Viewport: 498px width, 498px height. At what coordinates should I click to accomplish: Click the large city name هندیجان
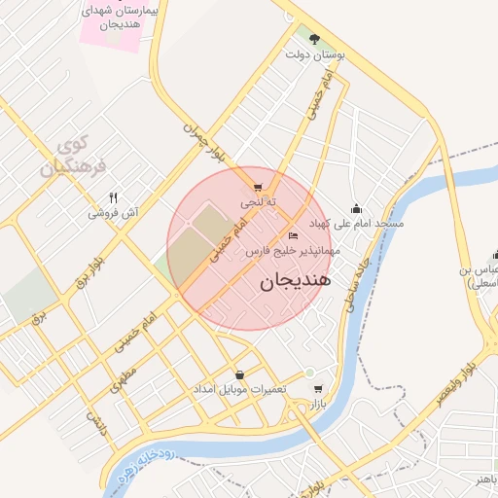pos(296,281)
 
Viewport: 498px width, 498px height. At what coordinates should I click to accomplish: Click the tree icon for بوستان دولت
pos(315,39)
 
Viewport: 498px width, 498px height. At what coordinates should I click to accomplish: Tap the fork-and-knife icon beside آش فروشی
pos(114,198)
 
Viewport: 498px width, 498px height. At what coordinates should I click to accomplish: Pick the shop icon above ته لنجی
pos(257,189)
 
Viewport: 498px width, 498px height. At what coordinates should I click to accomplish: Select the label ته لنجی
pos(259,202)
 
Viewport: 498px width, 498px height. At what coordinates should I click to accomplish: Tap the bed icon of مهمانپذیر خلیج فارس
pos(294,236)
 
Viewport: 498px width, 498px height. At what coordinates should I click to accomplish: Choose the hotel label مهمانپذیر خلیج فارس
pos(291,251)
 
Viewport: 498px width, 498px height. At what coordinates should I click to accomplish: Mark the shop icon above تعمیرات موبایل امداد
pos(239,374)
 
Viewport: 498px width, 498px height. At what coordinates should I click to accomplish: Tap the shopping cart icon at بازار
pos(318,389)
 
